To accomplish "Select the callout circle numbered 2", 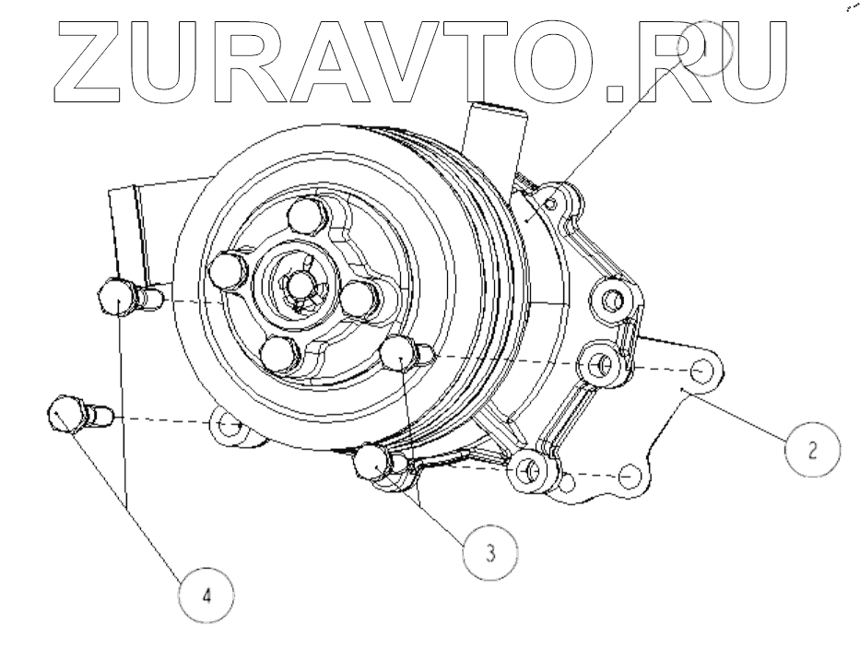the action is tap(811, 450).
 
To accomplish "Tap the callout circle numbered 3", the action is tap(489, 552).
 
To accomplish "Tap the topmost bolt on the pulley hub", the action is tap(304, 218).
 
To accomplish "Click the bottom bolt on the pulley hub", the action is tap(278, 353).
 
